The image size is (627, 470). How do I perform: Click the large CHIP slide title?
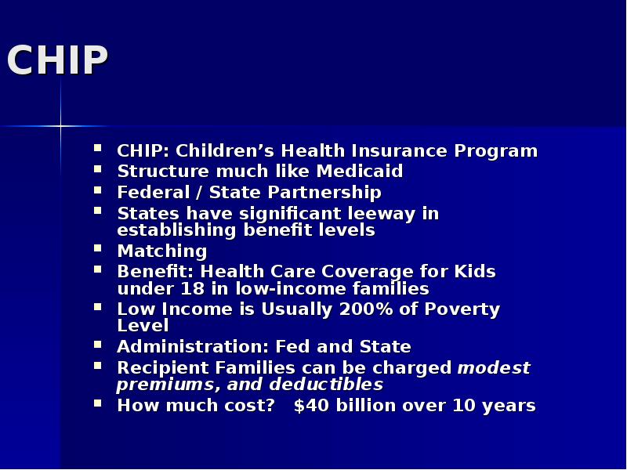tap(56, 60)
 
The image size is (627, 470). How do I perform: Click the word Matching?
tap(161, 251)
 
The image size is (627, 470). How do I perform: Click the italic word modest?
tap(494, 367)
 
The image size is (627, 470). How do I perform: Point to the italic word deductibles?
tap(327, 385)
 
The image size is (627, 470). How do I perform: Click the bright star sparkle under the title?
tap(60, 125)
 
